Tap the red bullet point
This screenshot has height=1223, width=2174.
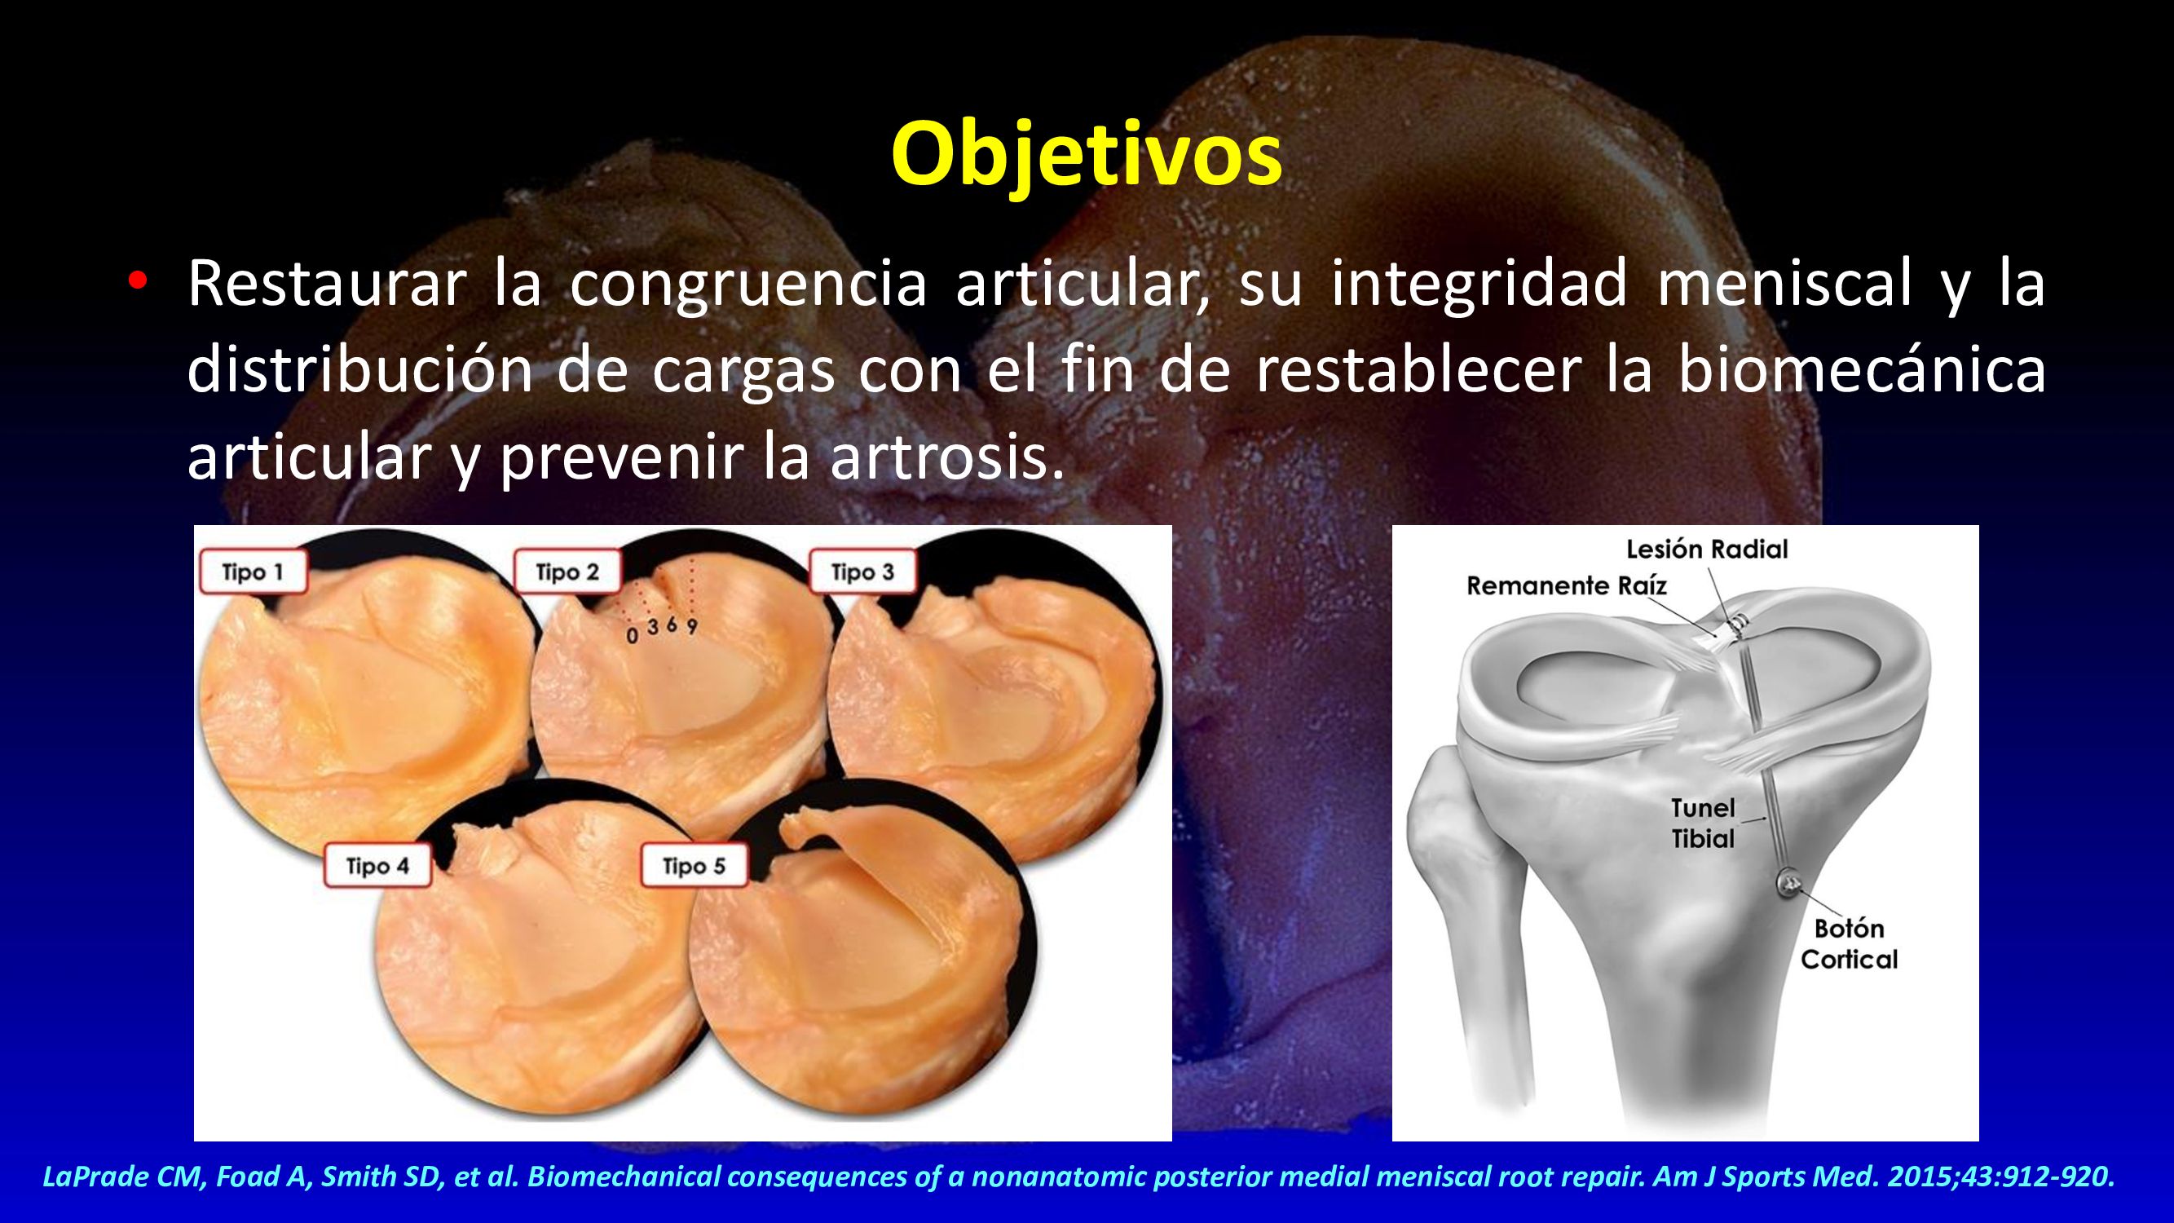pyautogui.click(x=138, y=282)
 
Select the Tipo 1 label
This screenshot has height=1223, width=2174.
pyautogui.click(x=254, y=572)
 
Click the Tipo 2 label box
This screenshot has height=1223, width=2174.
pyautogui.click(x=568, y=572)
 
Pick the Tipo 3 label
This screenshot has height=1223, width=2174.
pyautogui.click(x=862, y=572)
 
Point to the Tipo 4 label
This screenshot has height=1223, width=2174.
pyautogui.click(x=377, y=866)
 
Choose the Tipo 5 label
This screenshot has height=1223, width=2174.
pyautogui.click(x=694, y=866)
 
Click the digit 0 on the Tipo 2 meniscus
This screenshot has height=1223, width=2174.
pyautogui.click(x=632, y=636)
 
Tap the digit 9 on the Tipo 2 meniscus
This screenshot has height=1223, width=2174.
pyautogui.click(x=691, y=627)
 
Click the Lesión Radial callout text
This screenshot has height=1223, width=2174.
pyautogui.click(x=1706, y=550)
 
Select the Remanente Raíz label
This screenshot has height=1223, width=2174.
pyautogui.click(x=1567, y=585)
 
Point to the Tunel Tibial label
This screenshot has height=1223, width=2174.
pyautogui.click(x=1703, y=823)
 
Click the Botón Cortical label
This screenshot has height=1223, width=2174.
pyautogui.click(x=1848, y=943)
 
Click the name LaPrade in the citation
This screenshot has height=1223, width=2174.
pyautogui.click(x=87, y=1177)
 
